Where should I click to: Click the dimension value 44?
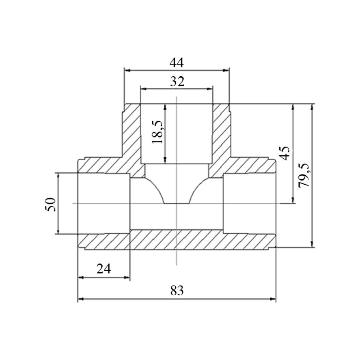click(176, 63)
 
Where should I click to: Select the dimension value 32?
click(177, 81)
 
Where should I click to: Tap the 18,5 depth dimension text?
click(158, 132)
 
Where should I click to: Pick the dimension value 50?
click(51, 204)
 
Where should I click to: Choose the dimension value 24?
click(104, 269)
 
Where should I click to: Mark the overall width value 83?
click(177, 291)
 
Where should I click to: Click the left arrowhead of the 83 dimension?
click(80, 299)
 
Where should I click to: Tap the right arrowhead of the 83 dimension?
click(273, 299)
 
